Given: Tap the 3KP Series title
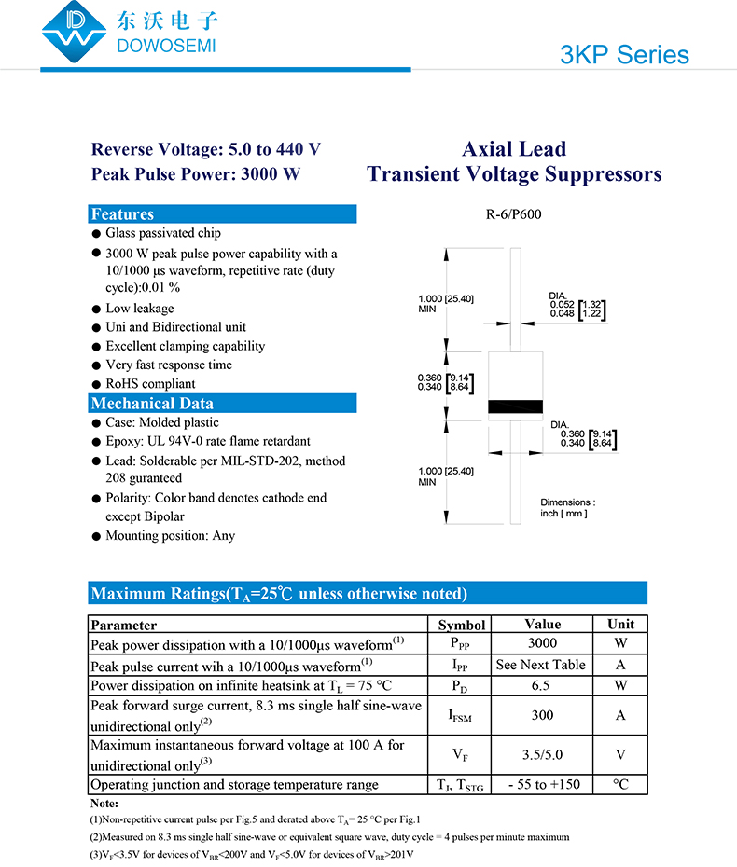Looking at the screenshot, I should coord(624,54).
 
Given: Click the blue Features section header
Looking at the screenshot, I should coord(223,214).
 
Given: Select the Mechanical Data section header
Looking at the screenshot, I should coord(223,404).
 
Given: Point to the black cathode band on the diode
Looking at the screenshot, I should coord(516,406).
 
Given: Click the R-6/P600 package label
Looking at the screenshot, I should coord(513,214).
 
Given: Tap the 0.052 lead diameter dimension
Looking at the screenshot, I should coord(563,304).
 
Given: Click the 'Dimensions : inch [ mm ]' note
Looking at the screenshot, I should coord(567,508).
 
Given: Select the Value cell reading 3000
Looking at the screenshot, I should coord(542,643).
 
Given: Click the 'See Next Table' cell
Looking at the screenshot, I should coord(541,665).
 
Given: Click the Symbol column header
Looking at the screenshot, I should coord(462,625).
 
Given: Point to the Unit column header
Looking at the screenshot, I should coord(620,625).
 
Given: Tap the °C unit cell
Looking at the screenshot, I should coord(620,784).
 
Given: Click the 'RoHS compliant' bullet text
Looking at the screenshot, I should coord(150,384).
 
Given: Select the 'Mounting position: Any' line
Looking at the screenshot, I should coord(170,536).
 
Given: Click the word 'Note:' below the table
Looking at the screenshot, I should coord(104,803).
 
